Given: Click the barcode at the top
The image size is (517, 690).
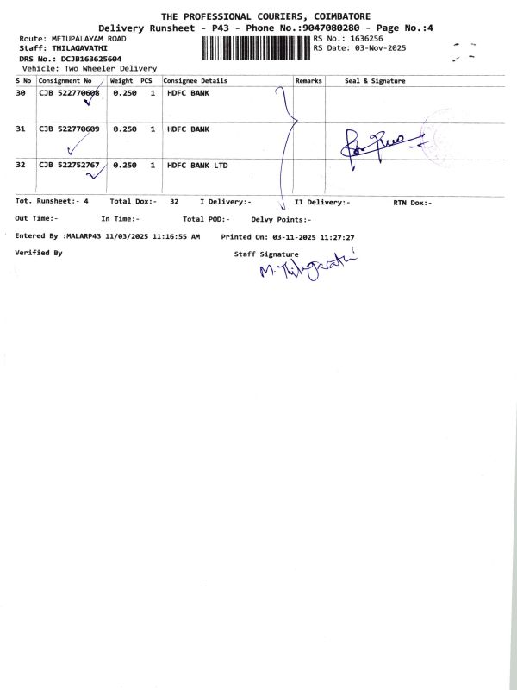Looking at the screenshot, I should point(256,48).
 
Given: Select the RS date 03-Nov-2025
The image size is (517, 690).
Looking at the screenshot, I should point(375,48).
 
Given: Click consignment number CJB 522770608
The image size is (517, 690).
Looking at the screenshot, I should point(69,92).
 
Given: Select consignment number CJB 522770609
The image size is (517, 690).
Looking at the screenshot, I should point(69,129).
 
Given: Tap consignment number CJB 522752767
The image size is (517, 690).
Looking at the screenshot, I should point(69,164).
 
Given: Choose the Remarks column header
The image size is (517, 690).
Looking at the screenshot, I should point(308,81).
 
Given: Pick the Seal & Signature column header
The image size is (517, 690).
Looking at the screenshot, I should point(375,81).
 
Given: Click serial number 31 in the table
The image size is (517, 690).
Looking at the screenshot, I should point(21,129).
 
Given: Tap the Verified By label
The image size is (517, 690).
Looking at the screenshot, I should point(39,253).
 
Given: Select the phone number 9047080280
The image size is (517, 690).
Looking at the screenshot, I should point(312,28).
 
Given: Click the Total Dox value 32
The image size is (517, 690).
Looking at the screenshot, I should point(174,201).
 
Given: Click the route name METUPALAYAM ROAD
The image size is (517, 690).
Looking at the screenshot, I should point(90,39).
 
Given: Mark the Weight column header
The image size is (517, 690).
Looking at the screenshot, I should point(121,81).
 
